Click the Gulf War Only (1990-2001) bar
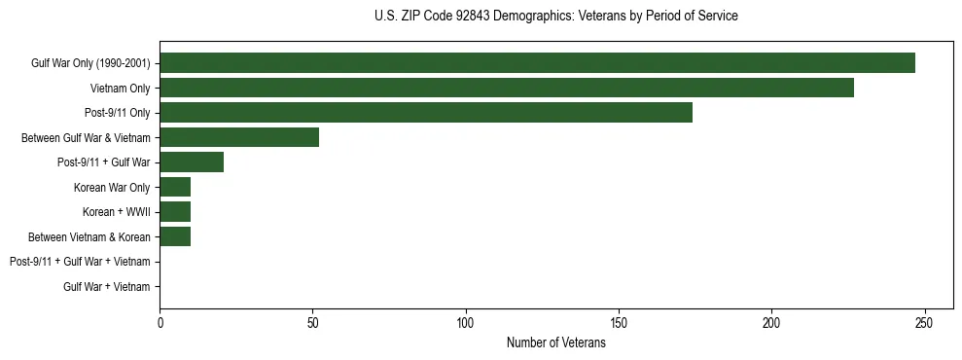click(537, 63)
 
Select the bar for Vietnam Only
click(507, 88)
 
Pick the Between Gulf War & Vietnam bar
click(239, 137)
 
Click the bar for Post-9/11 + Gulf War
click(192, 162)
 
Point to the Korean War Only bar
click(175, 187)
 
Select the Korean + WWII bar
click(175, 211)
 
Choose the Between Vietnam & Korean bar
click(175, 235)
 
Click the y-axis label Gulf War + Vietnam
click(106, 286)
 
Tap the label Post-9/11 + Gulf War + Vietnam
click(80, 261)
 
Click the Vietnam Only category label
click(120, 89)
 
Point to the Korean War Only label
click(111, 187)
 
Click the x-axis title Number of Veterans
click(555, 342)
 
